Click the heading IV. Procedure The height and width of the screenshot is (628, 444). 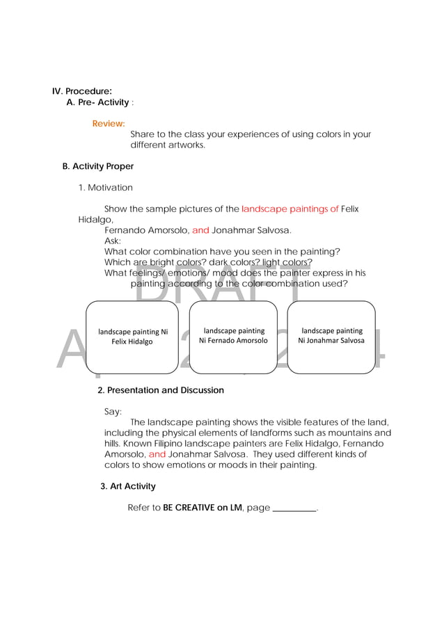click(82, 91)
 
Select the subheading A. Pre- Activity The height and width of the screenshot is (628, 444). click(97, 102)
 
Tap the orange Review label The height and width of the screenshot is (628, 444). click(109, 124)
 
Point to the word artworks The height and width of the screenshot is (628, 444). click(187, 145)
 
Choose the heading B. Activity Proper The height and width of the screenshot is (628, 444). click(98, 167)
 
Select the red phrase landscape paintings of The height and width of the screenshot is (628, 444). click(290, 209)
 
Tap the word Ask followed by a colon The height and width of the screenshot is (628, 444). click(112, 241)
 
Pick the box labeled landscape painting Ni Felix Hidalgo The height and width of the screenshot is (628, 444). click(132, 337)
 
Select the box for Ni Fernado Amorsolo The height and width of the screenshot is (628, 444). click(233, 336)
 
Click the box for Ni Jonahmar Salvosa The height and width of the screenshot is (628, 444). click(331, 336)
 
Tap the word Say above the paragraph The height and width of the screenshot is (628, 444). click(113, 412)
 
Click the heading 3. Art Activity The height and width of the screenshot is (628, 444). click(128, 486)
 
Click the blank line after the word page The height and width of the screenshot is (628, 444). click(294, 508)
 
